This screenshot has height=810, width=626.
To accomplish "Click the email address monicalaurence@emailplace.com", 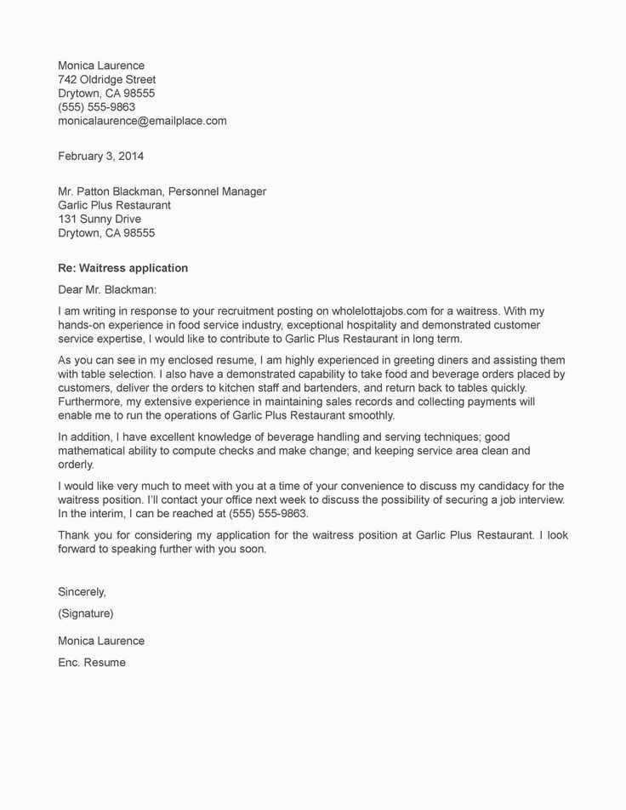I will pyautogui.click(x=142, y=121).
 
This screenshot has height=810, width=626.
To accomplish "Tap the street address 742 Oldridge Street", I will pyautogui.click(x=106, y=79).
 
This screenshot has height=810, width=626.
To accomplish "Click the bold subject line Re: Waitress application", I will pyautogui.click(x=122, y=268).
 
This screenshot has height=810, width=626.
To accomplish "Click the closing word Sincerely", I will pyautogui.click(x=82, y=590).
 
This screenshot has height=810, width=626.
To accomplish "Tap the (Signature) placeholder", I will pyautogui.click(x=85, y=613).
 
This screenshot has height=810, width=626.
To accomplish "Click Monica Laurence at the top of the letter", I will pyautogui.click(x=100, y=66).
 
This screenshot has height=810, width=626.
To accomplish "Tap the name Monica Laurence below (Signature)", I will pyautogui.click(x=100, y=641).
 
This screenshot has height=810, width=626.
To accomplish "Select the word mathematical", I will pyautogui.click(x=101, y=451).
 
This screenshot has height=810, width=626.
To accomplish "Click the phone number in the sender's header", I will pyautogui.click(x=96, y=107).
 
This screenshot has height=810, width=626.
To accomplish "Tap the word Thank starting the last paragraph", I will pyautogui.click(x=74, y=535).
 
